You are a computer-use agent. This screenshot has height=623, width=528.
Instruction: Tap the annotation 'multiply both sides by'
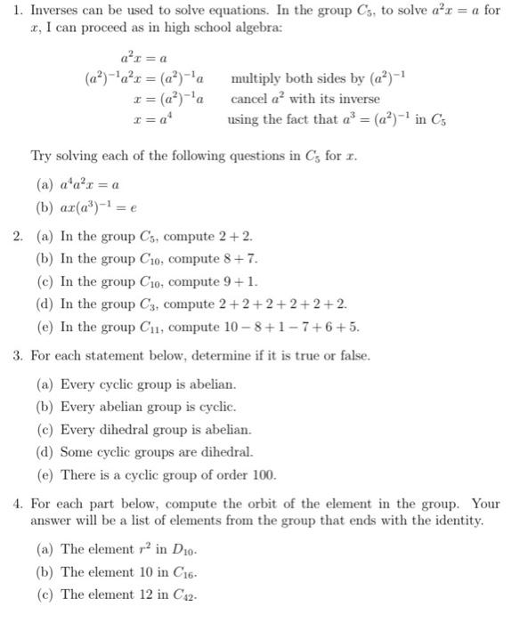294,78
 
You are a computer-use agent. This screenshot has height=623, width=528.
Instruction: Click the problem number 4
17,504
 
